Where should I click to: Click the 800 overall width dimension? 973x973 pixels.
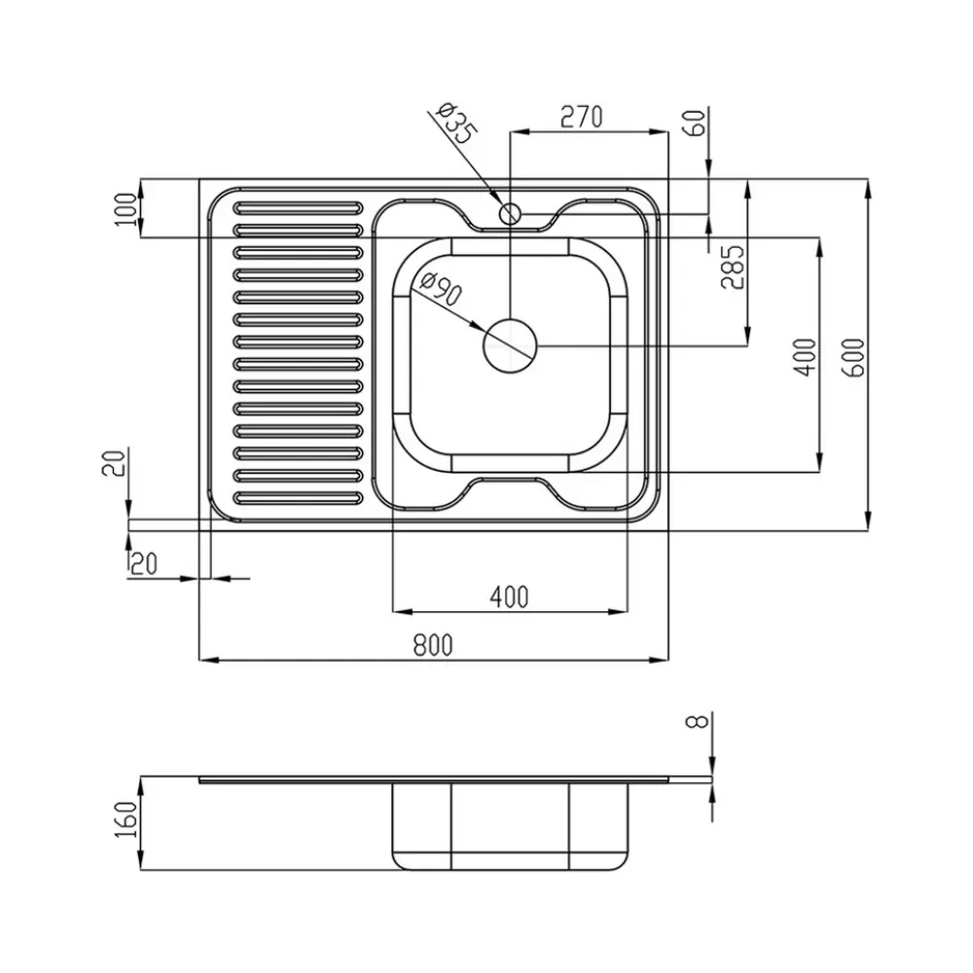(x=433, y=645)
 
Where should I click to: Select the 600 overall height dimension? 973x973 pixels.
(x=854, y=359)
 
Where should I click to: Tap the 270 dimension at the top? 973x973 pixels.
(x=582, y=117)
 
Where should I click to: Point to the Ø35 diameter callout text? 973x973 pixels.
(x=457, y=123)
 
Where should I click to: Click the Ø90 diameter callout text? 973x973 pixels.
(x=441, y=289)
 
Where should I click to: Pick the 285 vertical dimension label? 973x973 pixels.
(x=733, y=268)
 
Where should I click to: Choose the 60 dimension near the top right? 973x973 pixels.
(x=697, y=123)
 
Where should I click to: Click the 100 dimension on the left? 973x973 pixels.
(x=126, y=209)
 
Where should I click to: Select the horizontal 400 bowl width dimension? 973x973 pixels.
(x=510, y=597)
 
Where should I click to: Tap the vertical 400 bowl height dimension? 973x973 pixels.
(x=805, y=357)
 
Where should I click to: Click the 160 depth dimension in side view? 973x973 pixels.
(x=126, y=819)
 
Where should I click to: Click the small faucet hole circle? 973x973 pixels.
(x=510, y=214)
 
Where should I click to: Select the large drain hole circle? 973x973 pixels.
(x=510, y=346)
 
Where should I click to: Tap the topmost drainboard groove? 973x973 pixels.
(x=298, y=207)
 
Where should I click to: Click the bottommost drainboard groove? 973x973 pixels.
(x=298, y=497)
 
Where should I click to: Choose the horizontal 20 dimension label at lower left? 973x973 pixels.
(x=143, y=564)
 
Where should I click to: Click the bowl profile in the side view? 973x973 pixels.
(x=510, y=825)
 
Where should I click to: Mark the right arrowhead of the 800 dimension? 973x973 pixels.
(x=659, y=661)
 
